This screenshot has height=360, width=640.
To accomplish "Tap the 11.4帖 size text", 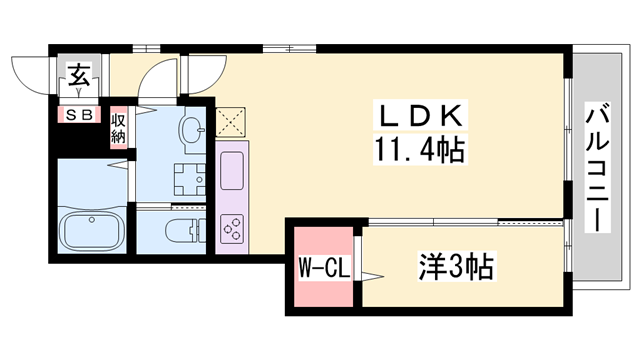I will point(419,150).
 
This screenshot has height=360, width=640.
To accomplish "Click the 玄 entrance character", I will point(78,74).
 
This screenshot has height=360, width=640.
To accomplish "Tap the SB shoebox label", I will point(79,114).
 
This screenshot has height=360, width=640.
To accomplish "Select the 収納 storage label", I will point(119,129).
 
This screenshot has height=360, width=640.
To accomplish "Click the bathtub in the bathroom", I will point(91,233).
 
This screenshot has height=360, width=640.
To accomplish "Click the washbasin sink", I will point(191,129).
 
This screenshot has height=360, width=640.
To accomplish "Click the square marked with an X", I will point(231,122).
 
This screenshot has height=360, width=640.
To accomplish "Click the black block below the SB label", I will point(80,140).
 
